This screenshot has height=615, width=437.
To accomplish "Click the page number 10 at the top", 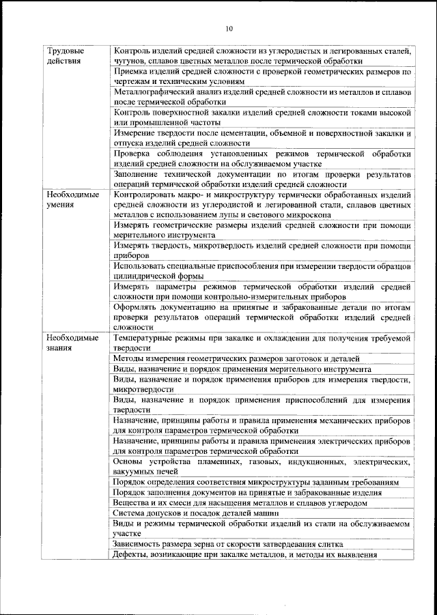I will [x=229, y=29].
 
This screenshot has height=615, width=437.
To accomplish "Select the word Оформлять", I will [x=137, y=308].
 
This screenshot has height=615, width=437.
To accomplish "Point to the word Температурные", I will [x=145, y=338].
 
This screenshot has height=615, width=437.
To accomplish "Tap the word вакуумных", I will [x=135, y=472].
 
